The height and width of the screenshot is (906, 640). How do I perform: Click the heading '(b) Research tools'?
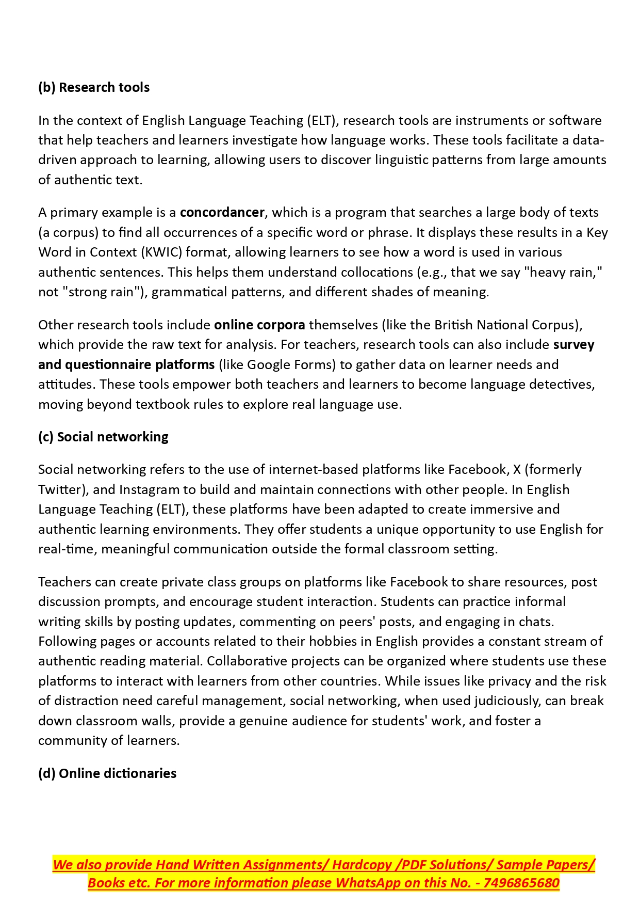tap(94, 87)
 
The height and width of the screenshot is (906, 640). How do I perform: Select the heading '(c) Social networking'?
tap(103, 437)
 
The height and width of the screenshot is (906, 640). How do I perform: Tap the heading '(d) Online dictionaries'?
tap(107, 773)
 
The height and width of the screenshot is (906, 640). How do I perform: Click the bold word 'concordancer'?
tap(222, 213)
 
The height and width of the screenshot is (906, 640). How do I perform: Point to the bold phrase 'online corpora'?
tap(259, 325)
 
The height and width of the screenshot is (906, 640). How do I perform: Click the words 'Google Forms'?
tap(291, 364)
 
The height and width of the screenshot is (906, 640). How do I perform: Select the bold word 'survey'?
tap(573, 345)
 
